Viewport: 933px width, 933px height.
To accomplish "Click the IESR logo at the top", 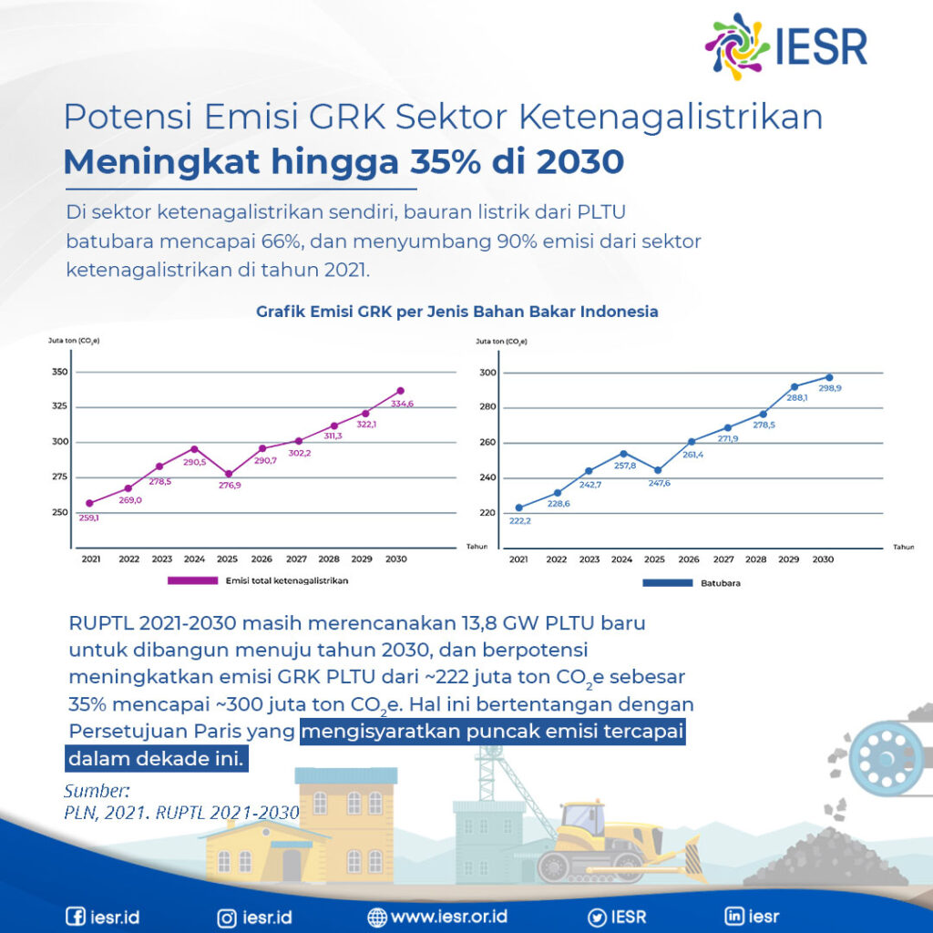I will tap(786, 44).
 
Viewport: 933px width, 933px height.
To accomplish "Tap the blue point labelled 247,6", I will tap(656, 470).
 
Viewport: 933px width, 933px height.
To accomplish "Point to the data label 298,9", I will tap(830, 388).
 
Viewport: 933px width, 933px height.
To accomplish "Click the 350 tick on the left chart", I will tap(60, 373).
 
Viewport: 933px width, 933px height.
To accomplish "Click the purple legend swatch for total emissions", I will tap(192, 579).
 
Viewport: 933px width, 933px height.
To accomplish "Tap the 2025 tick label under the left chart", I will tap(227, 559).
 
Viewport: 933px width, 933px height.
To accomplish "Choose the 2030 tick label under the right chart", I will tap(822, 559).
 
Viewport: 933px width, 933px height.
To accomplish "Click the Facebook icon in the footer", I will tap(76, 917).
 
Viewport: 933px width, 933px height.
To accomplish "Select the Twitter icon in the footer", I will tap(597, 917).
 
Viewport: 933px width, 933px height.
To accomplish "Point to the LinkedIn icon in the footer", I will tap(734, 917).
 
